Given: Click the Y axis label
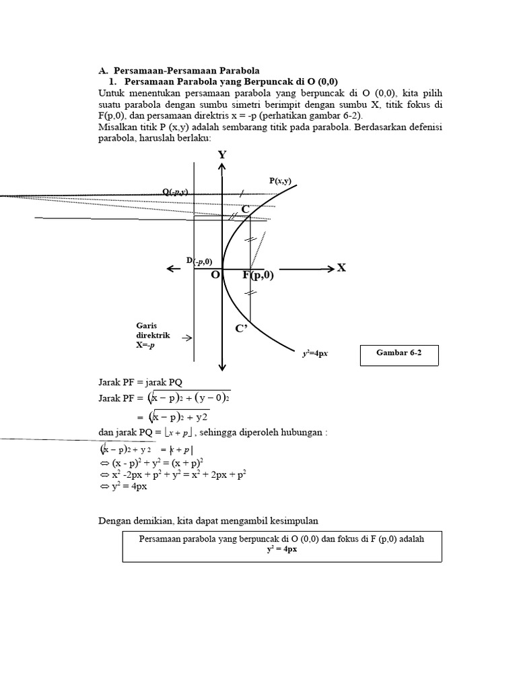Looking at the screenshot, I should coord(222,155).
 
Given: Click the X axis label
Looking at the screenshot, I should coord(341,268).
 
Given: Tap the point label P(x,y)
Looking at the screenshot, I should coord(280,181).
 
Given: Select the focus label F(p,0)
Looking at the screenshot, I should coord(258,275).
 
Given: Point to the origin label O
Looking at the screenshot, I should coord(215,275).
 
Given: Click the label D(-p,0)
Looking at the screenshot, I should coord(199,261).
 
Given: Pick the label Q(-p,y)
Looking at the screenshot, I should coord(175,192).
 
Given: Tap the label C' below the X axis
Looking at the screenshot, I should coord(241,328).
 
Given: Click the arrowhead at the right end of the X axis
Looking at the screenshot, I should coord(329,269).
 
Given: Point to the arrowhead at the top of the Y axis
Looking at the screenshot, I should coord(222,168).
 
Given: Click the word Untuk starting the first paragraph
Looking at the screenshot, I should coord(112,93).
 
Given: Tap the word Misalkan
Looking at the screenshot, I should coord(118,127).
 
